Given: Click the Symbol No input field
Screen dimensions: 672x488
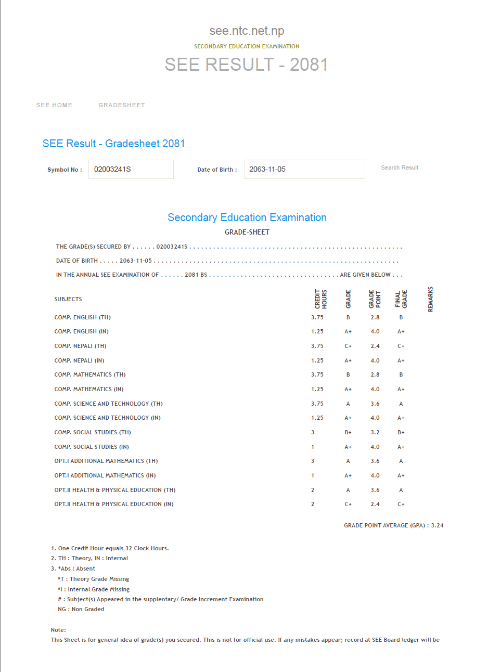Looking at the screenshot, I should [x=131, y=169].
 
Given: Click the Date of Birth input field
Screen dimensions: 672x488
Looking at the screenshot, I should [x=304, y=169].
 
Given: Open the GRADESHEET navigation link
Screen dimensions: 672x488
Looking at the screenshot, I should [x=122, y=105].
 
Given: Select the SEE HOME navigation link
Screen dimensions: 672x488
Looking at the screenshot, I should [x=54, y=105].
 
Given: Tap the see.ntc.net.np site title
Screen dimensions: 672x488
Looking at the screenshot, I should [x=247, y=31].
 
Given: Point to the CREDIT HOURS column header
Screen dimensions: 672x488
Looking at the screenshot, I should [x=320, y=299].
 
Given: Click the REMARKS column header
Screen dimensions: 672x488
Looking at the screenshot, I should [x=430, y=299].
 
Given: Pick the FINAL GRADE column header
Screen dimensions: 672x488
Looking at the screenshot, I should [x=401, y=299].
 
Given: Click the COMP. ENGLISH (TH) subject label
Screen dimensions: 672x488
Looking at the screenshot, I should [x=82, y=317].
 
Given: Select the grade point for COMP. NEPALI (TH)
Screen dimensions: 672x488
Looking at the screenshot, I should [x=375, y=346].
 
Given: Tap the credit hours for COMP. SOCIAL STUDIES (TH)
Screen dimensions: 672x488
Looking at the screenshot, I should [x=313, y=432].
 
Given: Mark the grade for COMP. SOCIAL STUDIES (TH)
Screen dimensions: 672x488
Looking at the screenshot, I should [x=348, y=432].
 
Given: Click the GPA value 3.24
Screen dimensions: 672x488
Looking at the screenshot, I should [x=438, y=525].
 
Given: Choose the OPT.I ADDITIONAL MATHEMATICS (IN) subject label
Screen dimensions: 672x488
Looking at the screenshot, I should [x=105, y=475].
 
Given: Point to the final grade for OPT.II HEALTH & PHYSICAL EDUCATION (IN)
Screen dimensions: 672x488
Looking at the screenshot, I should [x=401, y=504].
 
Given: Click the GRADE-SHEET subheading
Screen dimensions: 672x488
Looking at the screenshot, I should [x=247, y=232].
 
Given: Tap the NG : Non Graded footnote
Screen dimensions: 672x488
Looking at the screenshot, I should [x=81, y=609].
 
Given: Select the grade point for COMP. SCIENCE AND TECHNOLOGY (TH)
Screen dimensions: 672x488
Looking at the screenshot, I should [x=375, y=404].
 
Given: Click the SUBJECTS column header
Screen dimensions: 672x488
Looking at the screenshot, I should [x=68, y=299].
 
